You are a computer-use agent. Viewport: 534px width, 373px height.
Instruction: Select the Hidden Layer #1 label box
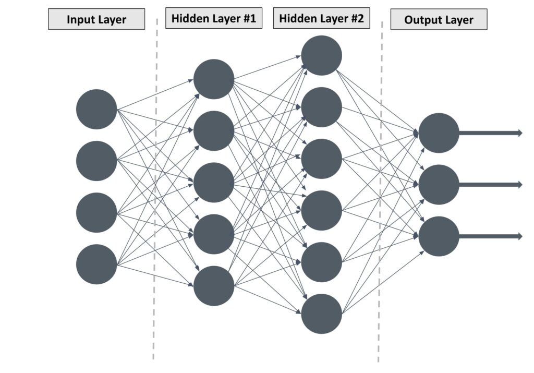pos(214,19)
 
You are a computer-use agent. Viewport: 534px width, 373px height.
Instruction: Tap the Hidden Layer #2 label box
pos(321,19)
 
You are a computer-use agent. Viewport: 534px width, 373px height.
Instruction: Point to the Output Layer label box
pos(439,20)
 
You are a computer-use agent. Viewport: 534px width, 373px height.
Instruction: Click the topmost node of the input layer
pos(96,109)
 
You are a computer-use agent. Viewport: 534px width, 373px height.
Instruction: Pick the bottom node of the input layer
pos(96,264)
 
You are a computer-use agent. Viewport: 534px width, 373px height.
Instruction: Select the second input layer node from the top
pos(96,161)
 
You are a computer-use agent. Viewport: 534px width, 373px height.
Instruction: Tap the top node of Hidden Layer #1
pos(214,79)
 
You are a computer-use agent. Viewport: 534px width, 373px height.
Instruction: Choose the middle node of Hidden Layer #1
pos(214,183)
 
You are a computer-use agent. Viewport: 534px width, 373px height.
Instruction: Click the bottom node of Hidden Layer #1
pos(214,286)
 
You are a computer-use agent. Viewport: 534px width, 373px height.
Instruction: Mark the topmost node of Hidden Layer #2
pos(321,55)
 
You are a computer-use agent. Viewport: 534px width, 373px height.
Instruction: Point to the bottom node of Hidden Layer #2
pos(321,314)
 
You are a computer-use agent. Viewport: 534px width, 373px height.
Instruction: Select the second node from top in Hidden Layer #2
pos(321,107)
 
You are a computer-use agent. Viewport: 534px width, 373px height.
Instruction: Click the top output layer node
pos(439,133)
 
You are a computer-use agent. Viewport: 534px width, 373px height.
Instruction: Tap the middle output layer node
pos(439,185)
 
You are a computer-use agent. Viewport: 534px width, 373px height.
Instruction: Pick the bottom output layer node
pos(439,236)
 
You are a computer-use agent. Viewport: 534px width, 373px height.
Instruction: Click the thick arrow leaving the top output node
pos(490,133)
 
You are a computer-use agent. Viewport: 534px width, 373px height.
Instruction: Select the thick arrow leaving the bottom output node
pos(490,236)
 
